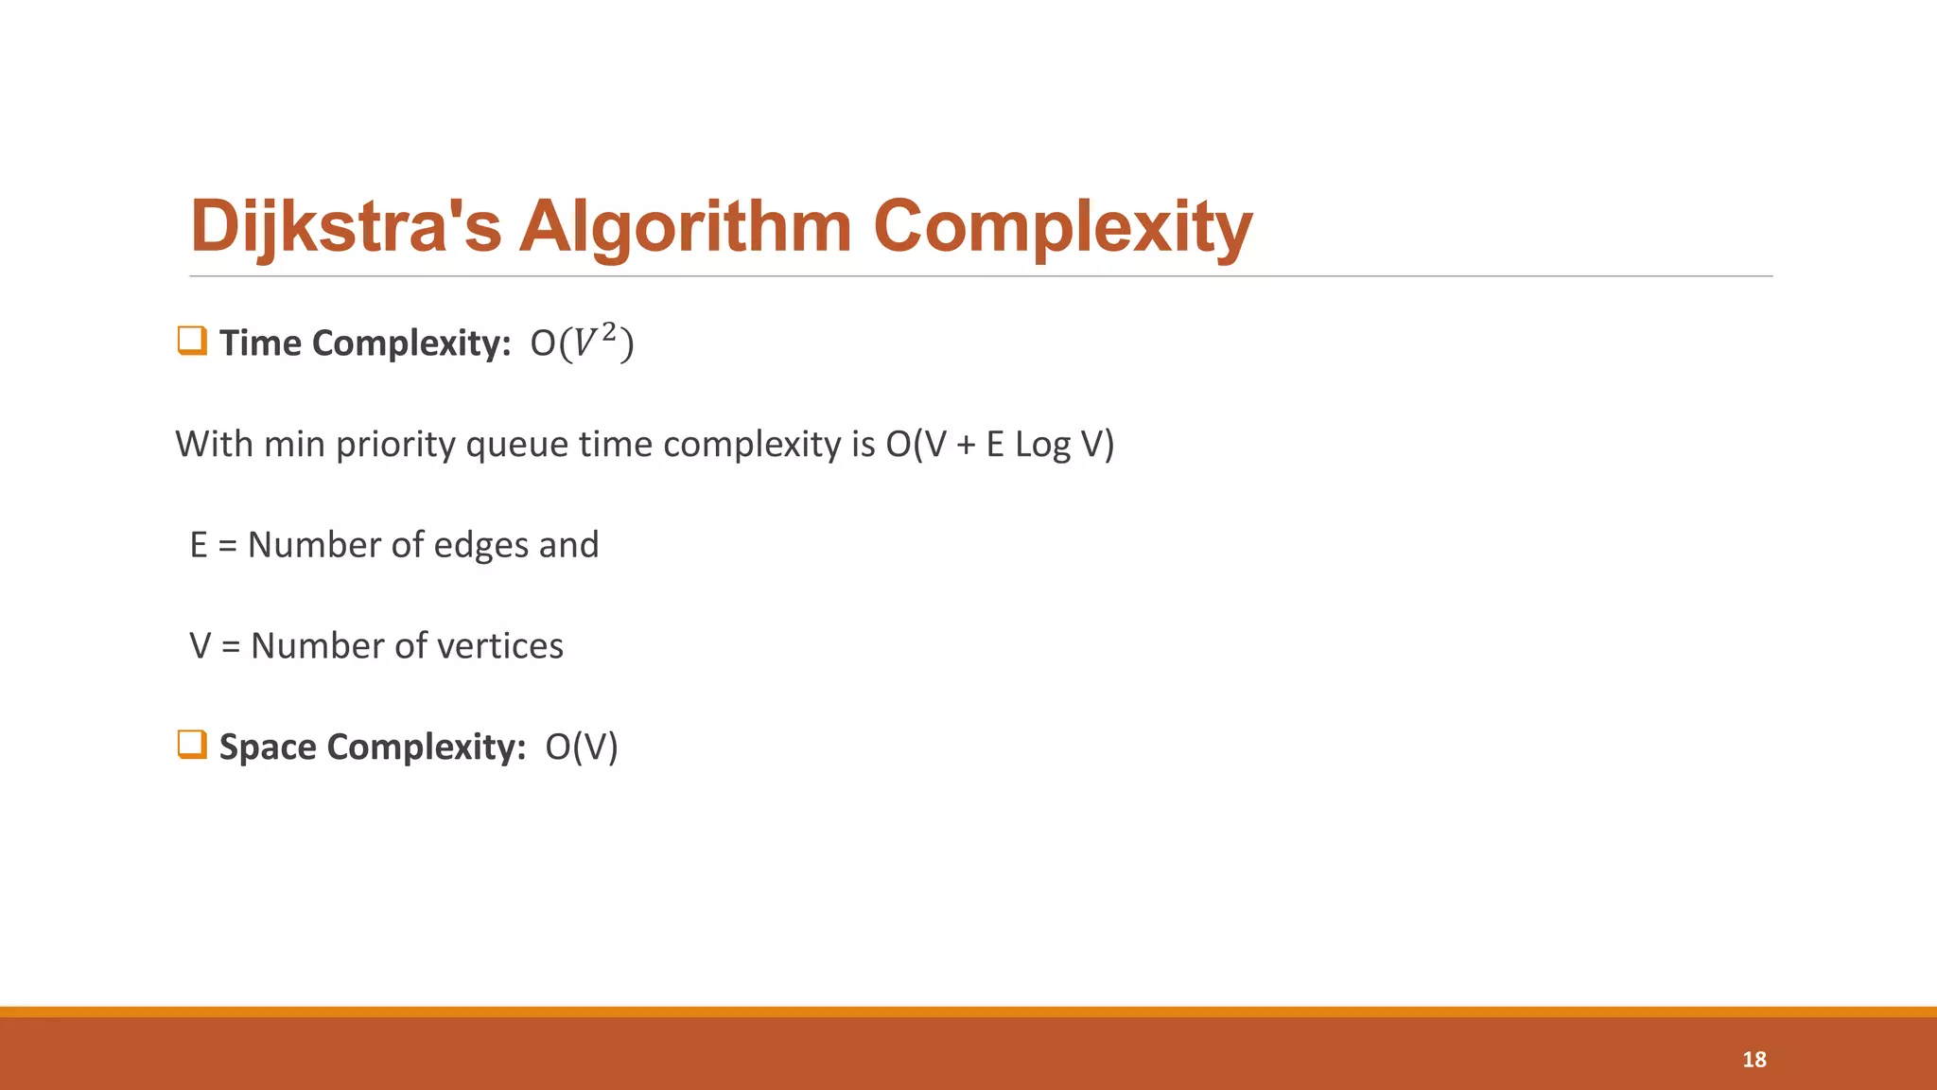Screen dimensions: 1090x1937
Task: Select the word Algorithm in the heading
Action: [686, 227]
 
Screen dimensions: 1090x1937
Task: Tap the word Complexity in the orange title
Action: [1062, 227]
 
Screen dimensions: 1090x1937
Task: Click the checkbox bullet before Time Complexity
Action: [192, 341]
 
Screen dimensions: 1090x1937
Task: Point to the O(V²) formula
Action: [582, 343]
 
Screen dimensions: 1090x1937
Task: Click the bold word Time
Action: [260, 343]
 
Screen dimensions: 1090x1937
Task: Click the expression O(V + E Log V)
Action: [1000, 444]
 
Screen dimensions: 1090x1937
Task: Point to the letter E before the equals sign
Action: [199, 545]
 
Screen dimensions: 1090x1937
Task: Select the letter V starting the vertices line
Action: [201, 646]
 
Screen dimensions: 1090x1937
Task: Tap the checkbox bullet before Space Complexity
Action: [192, 745]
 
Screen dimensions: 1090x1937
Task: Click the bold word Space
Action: [268, 747]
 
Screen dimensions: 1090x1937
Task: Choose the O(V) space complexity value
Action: [582, 747]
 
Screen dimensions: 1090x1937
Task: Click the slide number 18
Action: [1754, 1060]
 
